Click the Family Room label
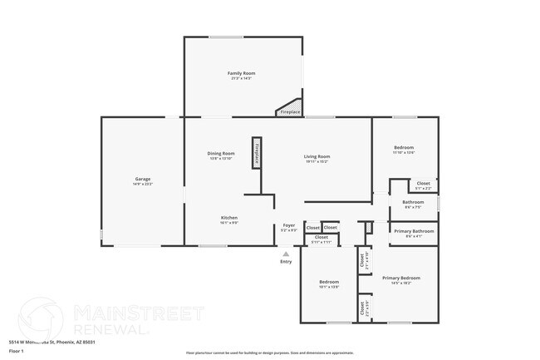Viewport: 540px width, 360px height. [242, 73]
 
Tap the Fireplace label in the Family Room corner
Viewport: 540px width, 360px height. [290, 111]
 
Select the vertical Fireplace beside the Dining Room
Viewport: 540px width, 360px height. [257, 153]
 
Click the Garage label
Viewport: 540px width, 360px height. [143, 179]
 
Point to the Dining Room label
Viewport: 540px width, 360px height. [221, 153]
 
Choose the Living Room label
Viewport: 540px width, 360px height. [317, 156]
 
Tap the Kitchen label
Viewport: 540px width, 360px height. [229, 218]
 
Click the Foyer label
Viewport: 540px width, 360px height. [288, 225]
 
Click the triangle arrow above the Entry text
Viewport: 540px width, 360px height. [286, 254]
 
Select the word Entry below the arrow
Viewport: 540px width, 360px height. [286, 262]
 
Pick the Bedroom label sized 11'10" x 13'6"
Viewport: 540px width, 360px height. [404, 147]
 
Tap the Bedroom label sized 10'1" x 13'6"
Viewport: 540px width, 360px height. [329, 282]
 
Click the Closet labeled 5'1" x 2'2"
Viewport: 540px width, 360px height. [423, 183]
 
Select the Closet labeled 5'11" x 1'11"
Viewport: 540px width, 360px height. [321, 238]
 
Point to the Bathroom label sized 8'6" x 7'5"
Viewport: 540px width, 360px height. [413, 201]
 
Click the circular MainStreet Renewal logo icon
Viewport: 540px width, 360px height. [40, 319]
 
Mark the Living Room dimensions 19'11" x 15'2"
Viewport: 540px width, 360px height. [317, 162]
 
